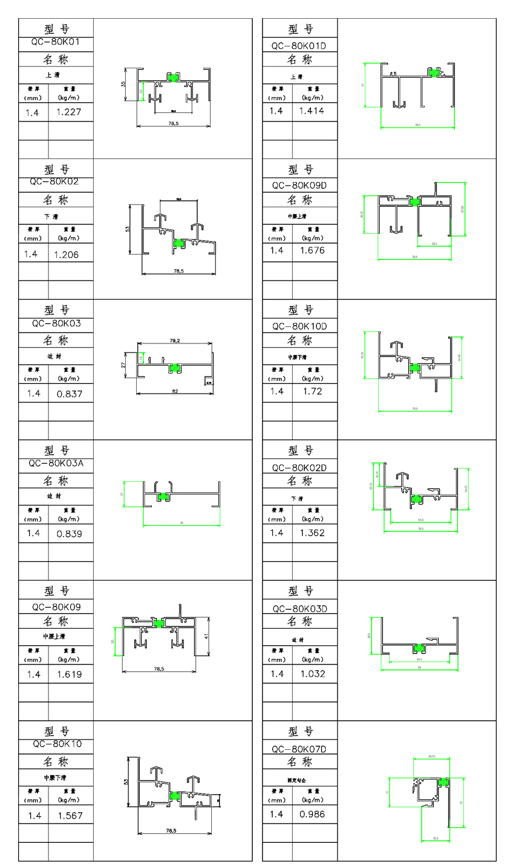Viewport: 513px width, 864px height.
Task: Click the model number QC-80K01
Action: click(x=56, y=43)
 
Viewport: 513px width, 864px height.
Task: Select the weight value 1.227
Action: click(x=68, y=112)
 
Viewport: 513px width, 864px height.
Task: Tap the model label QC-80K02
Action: click(x=56, y=181)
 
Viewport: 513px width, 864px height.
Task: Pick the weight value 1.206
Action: click(x=67, y=255)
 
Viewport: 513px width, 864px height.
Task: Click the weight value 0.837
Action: click(x=70, y=394)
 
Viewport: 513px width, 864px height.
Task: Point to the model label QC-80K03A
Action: click(x=56, y=464)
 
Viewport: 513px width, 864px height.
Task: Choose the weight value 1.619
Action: click(x=70, y=674)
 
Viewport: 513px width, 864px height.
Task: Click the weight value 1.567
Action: click(x=70, y=816)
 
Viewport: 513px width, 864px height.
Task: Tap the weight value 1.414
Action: click(x=312, y=111)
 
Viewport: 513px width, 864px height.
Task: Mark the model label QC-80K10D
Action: click(x=299, y=326)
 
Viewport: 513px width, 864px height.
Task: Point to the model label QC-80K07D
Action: click(x=299, y=749)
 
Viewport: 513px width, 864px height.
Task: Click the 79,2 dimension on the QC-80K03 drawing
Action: click(x=174, y=341)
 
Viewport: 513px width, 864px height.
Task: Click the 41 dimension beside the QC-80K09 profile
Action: click(x=206, y=636)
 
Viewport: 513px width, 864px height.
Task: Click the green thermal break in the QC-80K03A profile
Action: click(x=163, y=497)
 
